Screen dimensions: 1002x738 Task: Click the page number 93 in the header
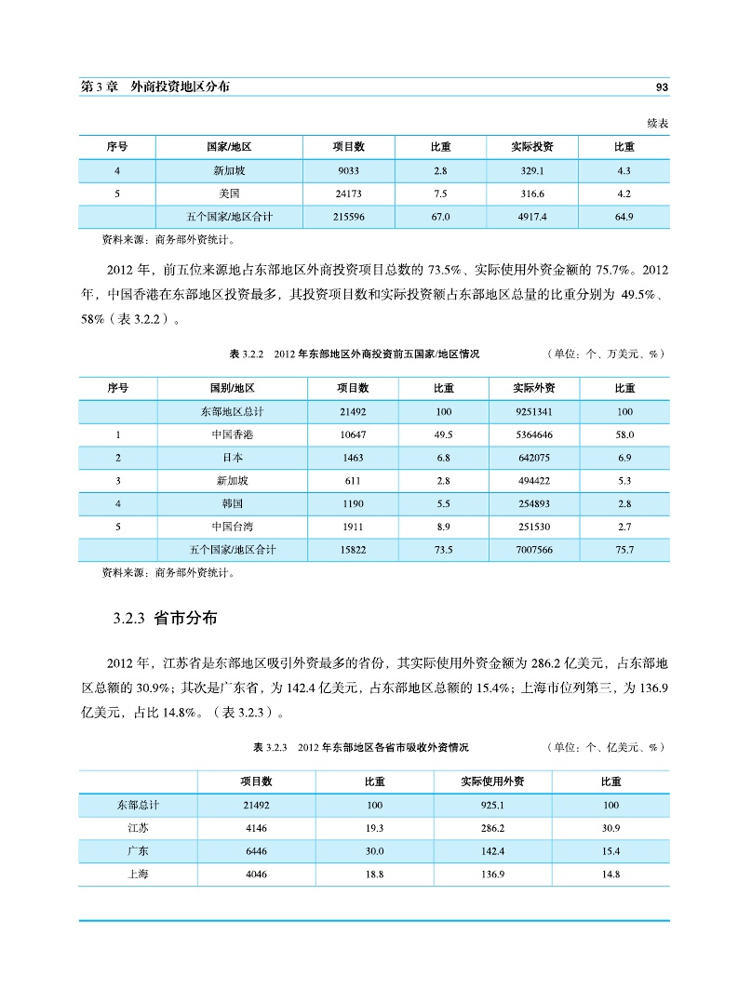[x=663, y=87]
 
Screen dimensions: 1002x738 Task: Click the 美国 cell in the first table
[x=229, y=194]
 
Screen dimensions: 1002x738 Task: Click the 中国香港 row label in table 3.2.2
[x=230, y=434]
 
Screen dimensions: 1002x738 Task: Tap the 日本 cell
[x=230, y=458]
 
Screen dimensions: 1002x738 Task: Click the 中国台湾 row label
[x=230, y=527]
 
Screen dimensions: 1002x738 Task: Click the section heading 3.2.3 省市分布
[x=166, y=619]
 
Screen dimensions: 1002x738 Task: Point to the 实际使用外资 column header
[x=493, y=782]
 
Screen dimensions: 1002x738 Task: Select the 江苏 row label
[x=137, y=827]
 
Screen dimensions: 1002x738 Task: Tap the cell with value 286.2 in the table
[x=493, y=827]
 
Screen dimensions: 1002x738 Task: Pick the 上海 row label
[x=137, y=874]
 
